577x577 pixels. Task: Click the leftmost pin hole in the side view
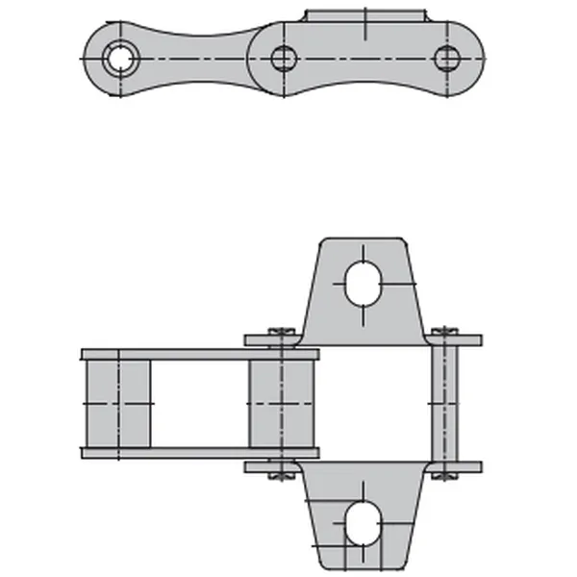coord(119,58)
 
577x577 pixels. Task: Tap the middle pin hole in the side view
coord(282,59)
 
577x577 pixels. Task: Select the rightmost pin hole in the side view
coord(445,59)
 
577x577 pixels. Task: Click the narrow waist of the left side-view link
coord(197,60)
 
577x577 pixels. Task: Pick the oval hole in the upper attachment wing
coord(364,279)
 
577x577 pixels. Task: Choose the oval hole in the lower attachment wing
coord(364,522)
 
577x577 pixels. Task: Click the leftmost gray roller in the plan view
coord(117,403)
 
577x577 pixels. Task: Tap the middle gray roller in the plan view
coord(281,403)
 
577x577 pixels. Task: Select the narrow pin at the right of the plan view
coord(444,403)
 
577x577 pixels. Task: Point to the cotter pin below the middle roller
coord(281,472)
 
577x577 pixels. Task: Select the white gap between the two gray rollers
coord(200,403)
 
